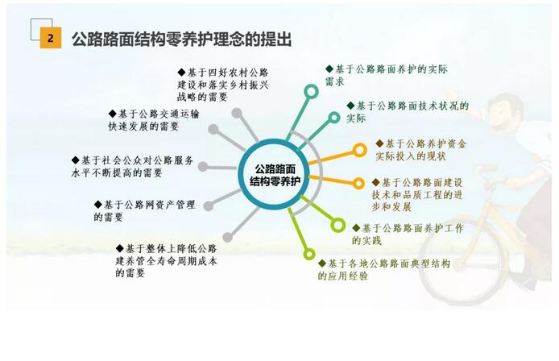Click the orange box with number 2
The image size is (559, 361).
point(50,37)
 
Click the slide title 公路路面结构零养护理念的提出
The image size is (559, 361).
point(182,39)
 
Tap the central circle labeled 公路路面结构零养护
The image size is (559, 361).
point(274,174)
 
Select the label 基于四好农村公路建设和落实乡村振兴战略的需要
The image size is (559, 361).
point(223,85)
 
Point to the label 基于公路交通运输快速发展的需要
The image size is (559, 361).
point(154,120)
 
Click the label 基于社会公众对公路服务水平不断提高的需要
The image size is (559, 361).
point(132,167)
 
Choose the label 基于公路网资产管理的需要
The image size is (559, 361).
point(144,211)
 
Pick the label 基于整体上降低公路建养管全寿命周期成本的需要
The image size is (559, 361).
point(166,261)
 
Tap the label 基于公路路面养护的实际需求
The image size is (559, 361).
point(386,75)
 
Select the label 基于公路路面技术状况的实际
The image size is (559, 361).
point(408,112)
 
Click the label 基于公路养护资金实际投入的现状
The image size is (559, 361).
point(420,150)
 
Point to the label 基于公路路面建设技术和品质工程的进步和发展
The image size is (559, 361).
point(417,194)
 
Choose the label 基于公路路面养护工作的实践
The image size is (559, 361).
point(408,234)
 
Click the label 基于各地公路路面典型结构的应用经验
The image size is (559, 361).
point(384,269)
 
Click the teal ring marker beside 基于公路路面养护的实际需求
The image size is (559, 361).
point(311,92)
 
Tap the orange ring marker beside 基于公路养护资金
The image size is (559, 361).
point(359,150)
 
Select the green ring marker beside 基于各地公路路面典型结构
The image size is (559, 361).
point(309,254)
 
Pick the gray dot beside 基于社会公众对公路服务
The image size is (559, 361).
point(202,166)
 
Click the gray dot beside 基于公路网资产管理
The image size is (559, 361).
point(209,205)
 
